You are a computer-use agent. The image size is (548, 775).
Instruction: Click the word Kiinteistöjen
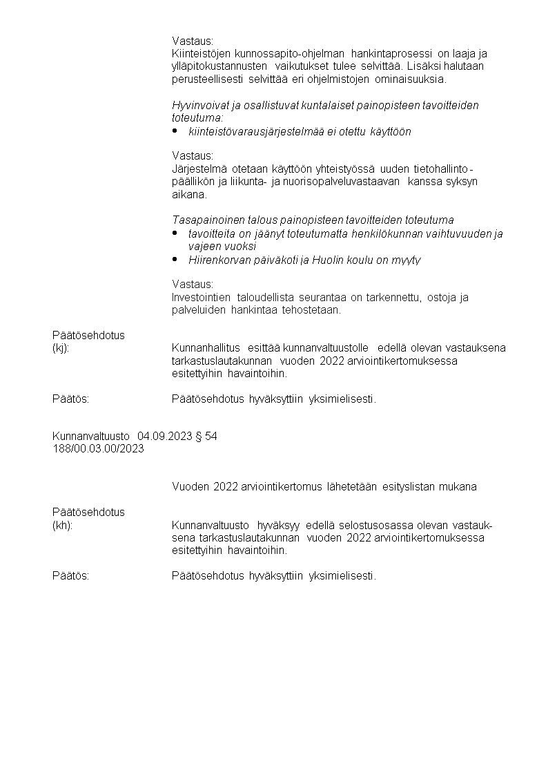click(x=199, y=53)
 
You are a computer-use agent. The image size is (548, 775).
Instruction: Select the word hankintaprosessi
click(x=391, y=53)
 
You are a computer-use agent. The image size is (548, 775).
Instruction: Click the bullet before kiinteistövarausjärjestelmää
click(x=175, y=131)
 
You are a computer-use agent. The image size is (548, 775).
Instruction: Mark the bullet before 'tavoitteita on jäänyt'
click(x=175, y=233)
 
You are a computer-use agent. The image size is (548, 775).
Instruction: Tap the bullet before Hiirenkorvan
click(x=175, y=259)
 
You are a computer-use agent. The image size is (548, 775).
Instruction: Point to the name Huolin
click(x=328, y=260)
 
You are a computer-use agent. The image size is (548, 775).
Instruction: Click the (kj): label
click(x=61, y=347)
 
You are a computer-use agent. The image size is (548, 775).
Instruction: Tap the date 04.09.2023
click(x=165, y=436)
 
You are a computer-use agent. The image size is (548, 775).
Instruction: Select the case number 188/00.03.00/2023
click(x=98, y=448)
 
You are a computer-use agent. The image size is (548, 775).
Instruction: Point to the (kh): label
click(x=62, y=525)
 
